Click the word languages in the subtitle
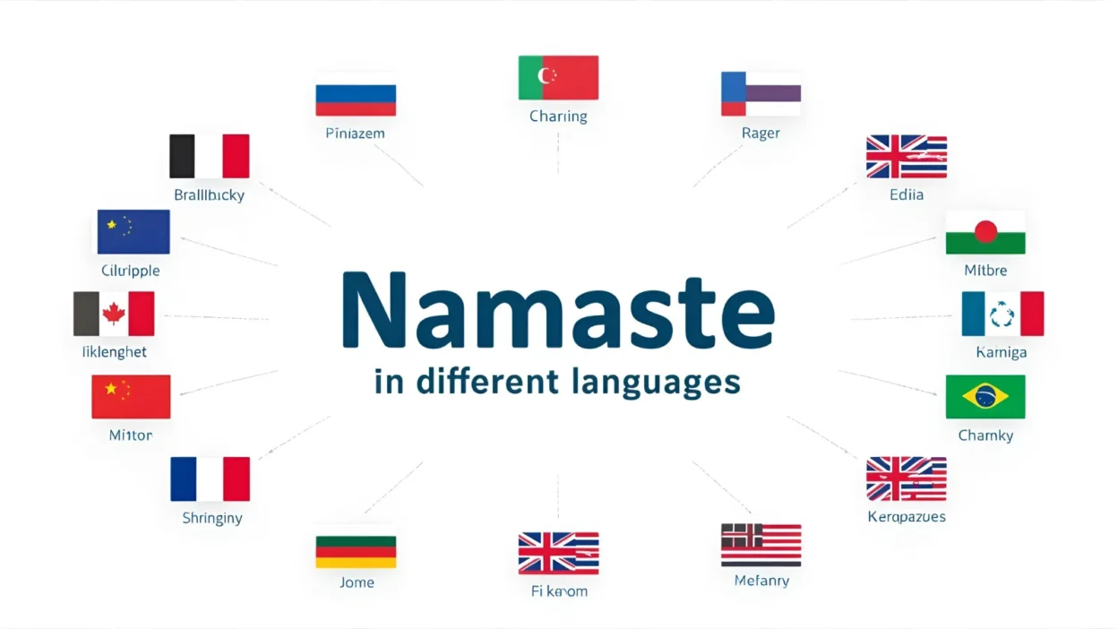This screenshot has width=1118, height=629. [x=655, y=382]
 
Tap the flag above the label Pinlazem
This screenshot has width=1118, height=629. [x=356, y=99]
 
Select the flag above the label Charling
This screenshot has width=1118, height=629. [x=558, y=77]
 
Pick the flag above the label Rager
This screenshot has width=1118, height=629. [x=761, y=94]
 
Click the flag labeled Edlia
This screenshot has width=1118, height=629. [x=906, y=157]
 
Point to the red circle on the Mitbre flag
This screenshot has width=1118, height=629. [x=985, y=232]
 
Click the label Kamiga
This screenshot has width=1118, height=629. [x=1001, y=352]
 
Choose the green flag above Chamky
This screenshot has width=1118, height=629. [x=985, y=397]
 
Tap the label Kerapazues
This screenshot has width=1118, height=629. [x=907, y=517]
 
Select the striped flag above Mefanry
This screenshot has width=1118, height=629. [x=761, y=545]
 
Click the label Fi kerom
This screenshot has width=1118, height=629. [x=559, y=591]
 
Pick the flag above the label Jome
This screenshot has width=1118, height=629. [x=356, y=552]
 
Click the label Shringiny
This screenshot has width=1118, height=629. [x=211, y=518]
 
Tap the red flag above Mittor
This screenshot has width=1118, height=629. [x=131, y=397]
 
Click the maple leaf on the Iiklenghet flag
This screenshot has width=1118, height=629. [x=114, y=313]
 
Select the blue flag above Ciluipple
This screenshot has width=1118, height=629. [x=133, y=232]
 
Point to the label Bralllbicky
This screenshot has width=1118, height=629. [x=209, y=194]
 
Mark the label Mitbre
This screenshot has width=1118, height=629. [x=985, y=270]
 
